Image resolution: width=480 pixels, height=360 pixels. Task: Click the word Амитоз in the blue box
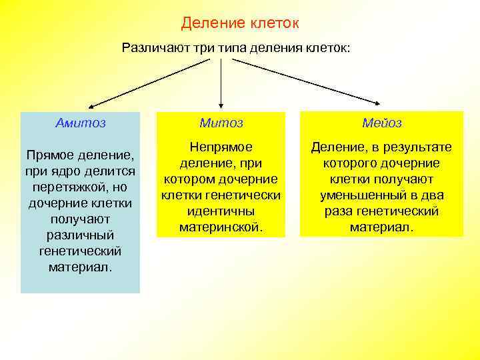[x=80, y=123]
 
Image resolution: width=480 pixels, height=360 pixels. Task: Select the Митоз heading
[x=221, y=123]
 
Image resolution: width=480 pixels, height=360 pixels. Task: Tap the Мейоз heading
[x=381, y=123]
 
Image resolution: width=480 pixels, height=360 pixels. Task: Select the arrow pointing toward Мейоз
[x=307, y=82]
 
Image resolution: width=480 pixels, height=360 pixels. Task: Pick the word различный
[x=81, y=235]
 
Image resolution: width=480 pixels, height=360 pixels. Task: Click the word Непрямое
[x=221, y=147]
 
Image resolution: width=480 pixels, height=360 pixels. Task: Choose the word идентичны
[x=221, y=211]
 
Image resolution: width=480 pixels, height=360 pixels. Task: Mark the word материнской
[x=221, y=227]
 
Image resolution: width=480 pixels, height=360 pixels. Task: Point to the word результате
[x=417, y=147]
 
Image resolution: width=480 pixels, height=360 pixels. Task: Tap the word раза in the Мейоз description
[x=339, y=211]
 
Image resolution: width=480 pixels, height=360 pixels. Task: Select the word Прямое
[x=49, y=155]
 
